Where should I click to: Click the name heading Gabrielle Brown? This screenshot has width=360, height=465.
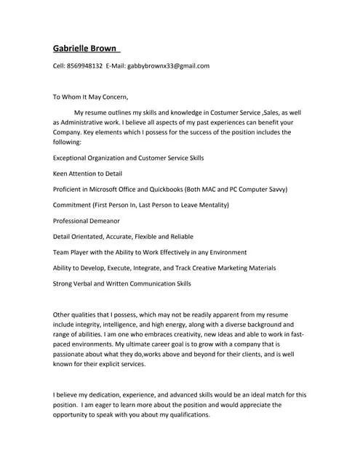87,49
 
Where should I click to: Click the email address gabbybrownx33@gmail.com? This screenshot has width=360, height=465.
168,66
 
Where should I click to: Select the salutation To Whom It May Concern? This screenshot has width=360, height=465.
90,96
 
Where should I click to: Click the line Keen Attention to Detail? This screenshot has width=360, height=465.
87,174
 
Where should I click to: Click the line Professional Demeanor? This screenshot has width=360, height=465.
87,220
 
